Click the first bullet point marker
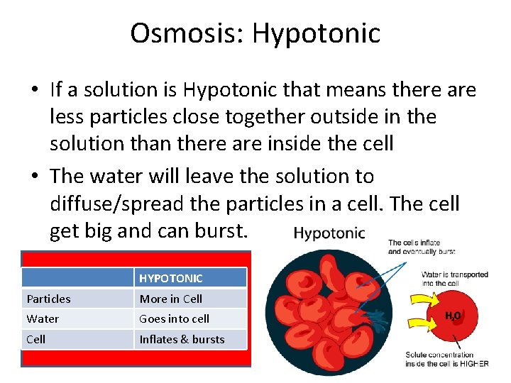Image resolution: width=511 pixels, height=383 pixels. click(35, 91)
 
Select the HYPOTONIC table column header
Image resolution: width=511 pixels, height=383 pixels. click(171, 279)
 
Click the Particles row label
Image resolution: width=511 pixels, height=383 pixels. click(49, 299)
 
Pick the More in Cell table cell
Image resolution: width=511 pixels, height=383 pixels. click(171, 299)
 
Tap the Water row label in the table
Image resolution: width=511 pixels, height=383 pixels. click(43, 318)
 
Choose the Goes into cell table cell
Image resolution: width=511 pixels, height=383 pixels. click(175, 318)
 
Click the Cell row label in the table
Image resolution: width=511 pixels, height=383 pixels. click(36, 339)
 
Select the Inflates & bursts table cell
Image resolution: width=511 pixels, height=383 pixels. click(182, 339)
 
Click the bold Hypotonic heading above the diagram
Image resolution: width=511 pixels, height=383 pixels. click(329, 233)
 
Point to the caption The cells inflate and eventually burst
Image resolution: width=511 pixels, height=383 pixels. click(422, 247)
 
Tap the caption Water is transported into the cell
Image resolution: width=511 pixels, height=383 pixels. click(454, 279)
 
